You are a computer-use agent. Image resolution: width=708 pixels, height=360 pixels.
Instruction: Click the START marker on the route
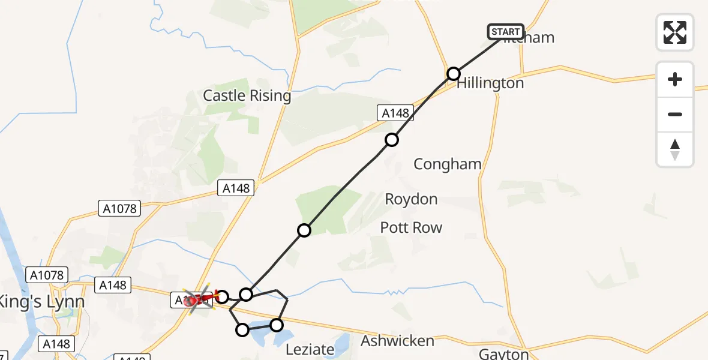pyautogui.click(x=506, y=32)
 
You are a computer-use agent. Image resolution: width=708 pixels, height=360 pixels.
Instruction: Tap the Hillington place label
pyautogui.click(x=490, y=83)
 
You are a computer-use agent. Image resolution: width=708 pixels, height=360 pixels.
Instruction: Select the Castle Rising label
pyautogui.click(x=247, y=95)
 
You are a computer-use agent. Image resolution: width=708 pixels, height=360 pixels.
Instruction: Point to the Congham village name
pyautogui.click(x=448, y=164)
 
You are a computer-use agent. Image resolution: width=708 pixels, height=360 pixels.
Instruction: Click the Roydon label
pyautogui.click(x=411, y=199)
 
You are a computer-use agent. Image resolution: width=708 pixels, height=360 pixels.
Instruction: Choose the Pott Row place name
pyautogui.click(x=411, y=227)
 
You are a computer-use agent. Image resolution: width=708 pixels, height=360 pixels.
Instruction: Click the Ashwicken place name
pyautogui.click(x=397, y=341)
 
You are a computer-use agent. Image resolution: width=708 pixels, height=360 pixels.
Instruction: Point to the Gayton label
pyautogui.click(x=504, y=353)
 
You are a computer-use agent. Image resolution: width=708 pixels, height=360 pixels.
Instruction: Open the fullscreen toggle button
pyautogui.click(x=675, y=32)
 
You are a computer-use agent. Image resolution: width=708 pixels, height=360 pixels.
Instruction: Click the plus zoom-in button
pyautogui.click(x=675, y=80)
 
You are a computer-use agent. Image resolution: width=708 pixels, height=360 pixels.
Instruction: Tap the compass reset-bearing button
pyautogui.click(x=675, y=149)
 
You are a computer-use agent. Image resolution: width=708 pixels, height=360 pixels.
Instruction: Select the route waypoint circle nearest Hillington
pyautogui.click(x=454, y=74)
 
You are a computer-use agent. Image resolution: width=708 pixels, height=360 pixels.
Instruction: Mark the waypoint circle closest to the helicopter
pyautogui.click(x=222, y=296)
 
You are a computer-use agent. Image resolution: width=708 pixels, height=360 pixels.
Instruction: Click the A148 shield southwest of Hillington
pyautogui.click(x=395, y=113)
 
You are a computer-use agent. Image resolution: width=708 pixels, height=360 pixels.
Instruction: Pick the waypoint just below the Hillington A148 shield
pyautogui.click(x=392, y=140)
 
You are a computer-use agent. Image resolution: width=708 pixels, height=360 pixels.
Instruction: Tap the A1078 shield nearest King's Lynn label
pyautogui.click(x=44, y=275)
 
